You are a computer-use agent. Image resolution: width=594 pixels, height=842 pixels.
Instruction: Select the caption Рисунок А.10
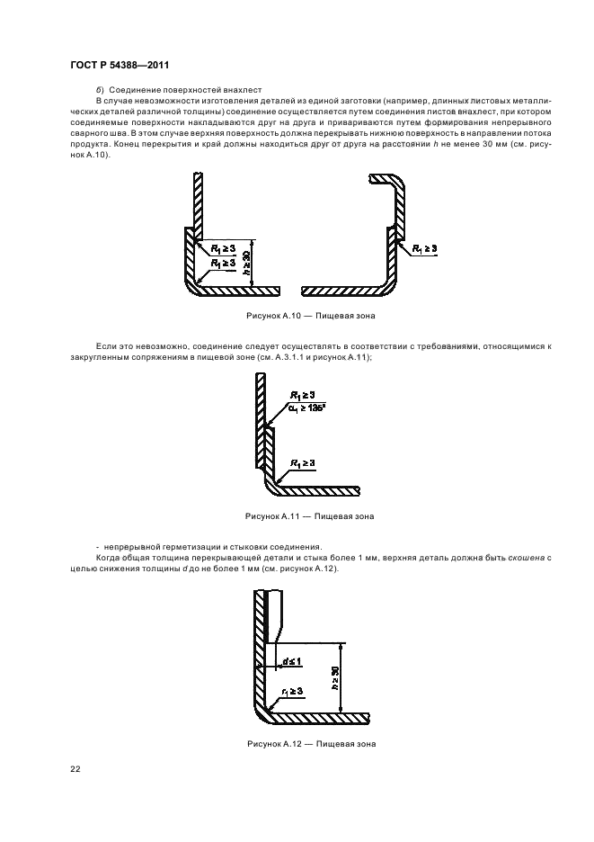pos(310,317)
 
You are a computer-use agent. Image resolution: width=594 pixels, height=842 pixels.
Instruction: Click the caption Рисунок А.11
pos(310,516)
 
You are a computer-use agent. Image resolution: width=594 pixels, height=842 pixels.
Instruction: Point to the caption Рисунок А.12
pos(310,744)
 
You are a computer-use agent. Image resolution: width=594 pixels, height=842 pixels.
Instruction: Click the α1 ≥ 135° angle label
pos(307,408)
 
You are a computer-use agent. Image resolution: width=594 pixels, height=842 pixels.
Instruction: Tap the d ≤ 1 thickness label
pos(294,663)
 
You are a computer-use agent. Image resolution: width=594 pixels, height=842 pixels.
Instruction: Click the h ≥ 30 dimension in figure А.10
pos(245,263)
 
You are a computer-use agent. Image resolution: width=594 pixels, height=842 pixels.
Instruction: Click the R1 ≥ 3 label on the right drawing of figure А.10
pos(424,248)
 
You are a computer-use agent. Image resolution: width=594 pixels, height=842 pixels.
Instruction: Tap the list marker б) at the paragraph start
pos(100,90)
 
